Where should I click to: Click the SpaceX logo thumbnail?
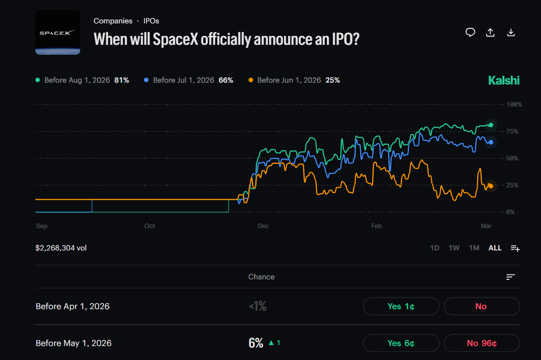coord(58,32)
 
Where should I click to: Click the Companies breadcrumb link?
coord(113,21)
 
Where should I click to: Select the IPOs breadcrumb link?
coord(151,21)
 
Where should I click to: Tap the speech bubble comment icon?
coord(470,32)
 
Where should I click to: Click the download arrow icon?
coord(511,32)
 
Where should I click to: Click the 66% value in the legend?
coord(226,80)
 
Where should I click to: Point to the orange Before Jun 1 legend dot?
coord(251,80)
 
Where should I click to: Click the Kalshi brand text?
coord(504,80)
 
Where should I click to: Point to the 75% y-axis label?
coord(512,131)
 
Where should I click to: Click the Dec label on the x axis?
coord(263,226)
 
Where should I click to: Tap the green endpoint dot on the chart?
coord(491,125)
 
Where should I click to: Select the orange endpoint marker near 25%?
coord(491,186)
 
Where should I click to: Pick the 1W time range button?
coord(454,248)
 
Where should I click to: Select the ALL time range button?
coord(495,248)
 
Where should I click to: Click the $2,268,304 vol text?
coord(61,248)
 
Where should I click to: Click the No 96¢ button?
coord(481,343)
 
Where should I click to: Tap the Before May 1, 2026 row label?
coord(74,343)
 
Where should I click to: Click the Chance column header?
coord(261,277)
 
